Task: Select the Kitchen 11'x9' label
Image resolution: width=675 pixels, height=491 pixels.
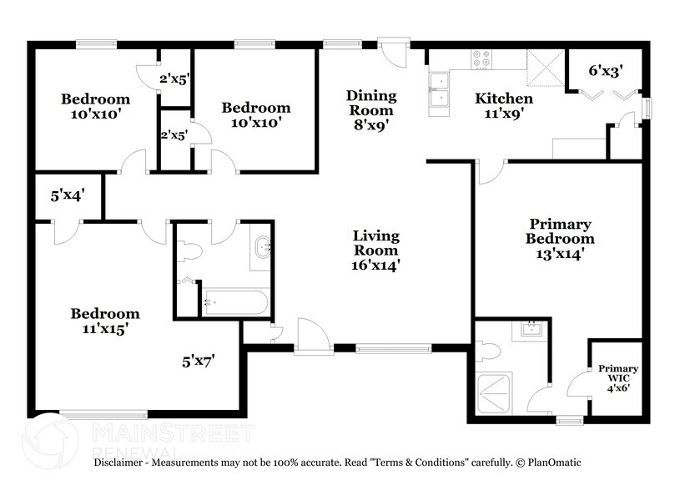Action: (x=504, y=107)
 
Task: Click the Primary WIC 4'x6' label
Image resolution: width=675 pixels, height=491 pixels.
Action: (x=618, y=377)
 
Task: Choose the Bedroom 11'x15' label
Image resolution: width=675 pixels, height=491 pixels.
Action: (x=104, y=321)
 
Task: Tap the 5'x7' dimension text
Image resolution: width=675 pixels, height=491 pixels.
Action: (x=199, y=362)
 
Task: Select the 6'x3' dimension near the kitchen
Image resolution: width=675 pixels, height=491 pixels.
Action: (x=606, y=71)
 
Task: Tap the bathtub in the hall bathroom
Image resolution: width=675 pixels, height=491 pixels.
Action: (x=236, y=301)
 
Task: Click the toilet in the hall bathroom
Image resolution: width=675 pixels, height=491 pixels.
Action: (x=189, y=251)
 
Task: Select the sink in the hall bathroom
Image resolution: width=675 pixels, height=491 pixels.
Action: (x=263, y=247)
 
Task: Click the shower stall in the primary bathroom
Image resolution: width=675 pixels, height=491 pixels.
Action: (x=497, y=392)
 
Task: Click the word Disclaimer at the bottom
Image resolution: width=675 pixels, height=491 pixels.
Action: (x=123, y=462)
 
